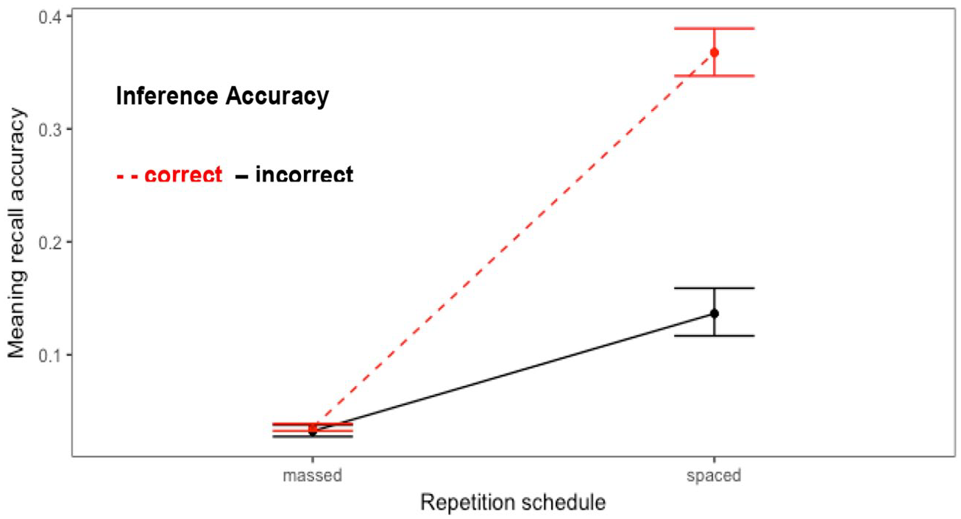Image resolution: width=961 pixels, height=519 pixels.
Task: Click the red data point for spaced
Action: pyautogui.click(x=714, y=53)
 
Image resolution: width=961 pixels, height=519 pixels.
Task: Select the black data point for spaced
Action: pyautogui.click(x=714, y=314)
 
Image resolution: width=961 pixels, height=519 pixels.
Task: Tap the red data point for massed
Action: pyautogui.click(x=313, y=428)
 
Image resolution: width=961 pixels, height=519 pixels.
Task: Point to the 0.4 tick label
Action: pyautogui.click(x=49, y=17)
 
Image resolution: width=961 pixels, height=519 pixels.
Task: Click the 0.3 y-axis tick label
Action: pyautogui.click(x=49, y=129)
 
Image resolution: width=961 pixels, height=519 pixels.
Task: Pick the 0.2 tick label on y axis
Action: pyautogui.click(x=49, y=243)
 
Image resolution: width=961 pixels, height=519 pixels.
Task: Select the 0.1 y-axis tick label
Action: pyautogui.click(x=49, y=355)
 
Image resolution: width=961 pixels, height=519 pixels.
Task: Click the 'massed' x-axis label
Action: pyautogui.click(x=312, y=476)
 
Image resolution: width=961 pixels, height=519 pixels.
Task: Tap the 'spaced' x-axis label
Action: pyautogui.click(x=714, y=476)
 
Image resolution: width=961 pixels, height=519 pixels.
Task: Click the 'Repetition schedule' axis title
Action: pyautogui.click(x=513, y=502)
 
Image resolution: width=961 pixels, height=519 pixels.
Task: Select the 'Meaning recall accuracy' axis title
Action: pyautogui.click(x=16, y=233)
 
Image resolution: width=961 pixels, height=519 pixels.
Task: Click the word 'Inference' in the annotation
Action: pyautogui.click(x=167, y=96)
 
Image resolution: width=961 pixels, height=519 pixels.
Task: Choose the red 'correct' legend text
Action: pyautogui.click(x=183, y=174)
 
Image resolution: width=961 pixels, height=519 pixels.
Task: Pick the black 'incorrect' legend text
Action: pyautogui.click(x=304, y=173)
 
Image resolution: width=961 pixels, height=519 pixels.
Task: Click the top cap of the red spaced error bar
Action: pyautogui.click(x=714, y=28)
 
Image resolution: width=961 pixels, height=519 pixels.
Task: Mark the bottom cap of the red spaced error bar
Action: pyautogui.click(x=714, y=76)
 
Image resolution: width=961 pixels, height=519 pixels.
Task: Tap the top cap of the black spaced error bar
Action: pyautogui.click(x=714, y=288)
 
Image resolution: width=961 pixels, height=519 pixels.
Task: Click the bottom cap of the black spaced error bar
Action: pyautogui.click(x=714, y=335)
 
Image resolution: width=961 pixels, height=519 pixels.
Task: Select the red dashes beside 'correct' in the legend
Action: pyautogui.click(x=127, y=176)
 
